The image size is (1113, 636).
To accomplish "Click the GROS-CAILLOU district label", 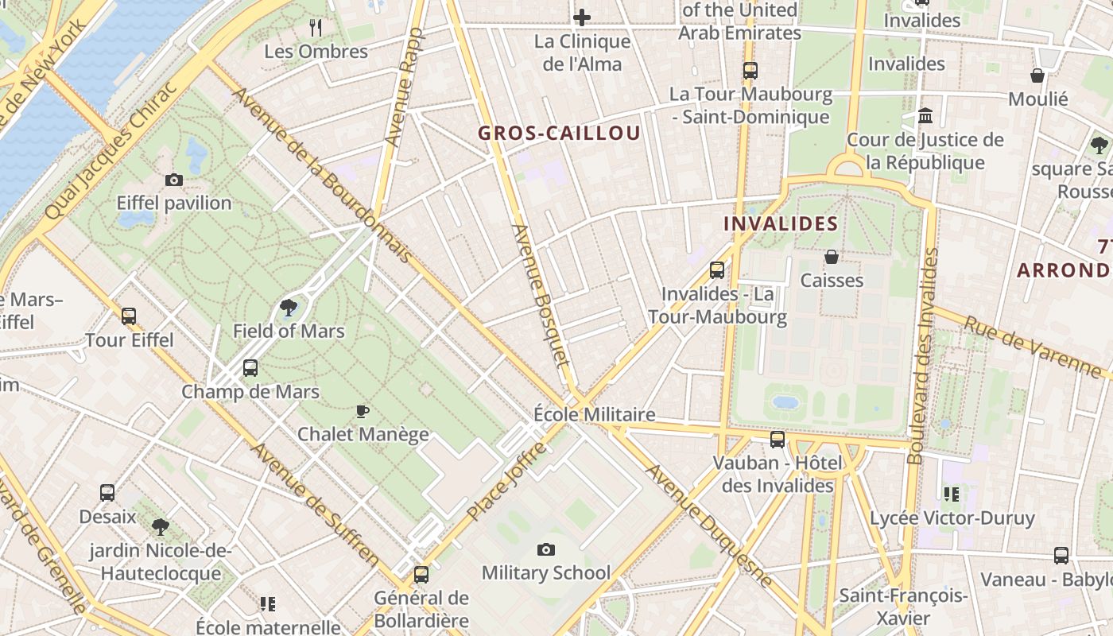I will coord(559,134).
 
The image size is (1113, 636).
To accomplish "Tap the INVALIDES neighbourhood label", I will coord(781,223).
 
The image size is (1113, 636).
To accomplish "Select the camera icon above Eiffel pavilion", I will coord(174,180).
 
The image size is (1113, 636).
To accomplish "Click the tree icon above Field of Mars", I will coord(289,308).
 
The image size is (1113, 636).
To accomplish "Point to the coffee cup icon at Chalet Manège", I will coord(363,411).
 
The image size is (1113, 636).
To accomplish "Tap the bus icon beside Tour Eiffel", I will coord(129,316).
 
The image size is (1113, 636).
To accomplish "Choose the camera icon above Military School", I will coord(545,549).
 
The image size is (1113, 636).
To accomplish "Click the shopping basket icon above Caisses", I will coord(831,257).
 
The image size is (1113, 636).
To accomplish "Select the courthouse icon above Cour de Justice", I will coord(925,116).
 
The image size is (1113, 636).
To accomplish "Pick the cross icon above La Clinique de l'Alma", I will coord(582,17).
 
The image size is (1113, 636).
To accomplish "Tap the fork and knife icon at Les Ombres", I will coord(316,28).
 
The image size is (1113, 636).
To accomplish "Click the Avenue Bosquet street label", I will coord(541,295).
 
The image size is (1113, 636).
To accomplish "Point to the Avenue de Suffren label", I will coord(316,502).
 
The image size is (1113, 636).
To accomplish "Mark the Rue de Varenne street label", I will coord(1033,346).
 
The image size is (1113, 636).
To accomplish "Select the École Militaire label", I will coord(594,414).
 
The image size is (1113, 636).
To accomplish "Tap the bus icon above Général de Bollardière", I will coord(421,574).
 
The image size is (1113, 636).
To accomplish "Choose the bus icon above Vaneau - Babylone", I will coord(1061,556).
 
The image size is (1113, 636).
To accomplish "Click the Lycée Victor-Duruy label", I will coord(952,518).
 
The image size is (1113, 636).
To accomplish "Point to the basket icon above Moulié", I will coord(1037,76).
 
